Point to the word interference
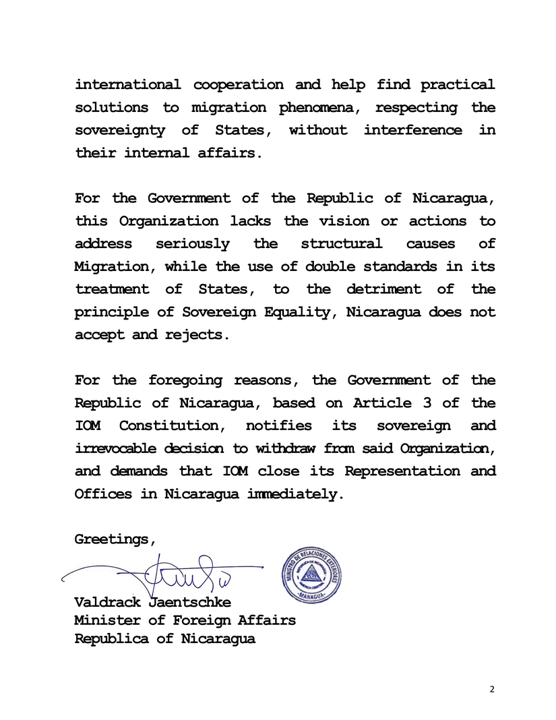pyautogui.click(x=412, y=130)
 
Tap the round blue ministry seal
pyautogui.click(x=311, y=574)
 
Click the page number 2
pyautogui.click(x=491, y=688)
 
